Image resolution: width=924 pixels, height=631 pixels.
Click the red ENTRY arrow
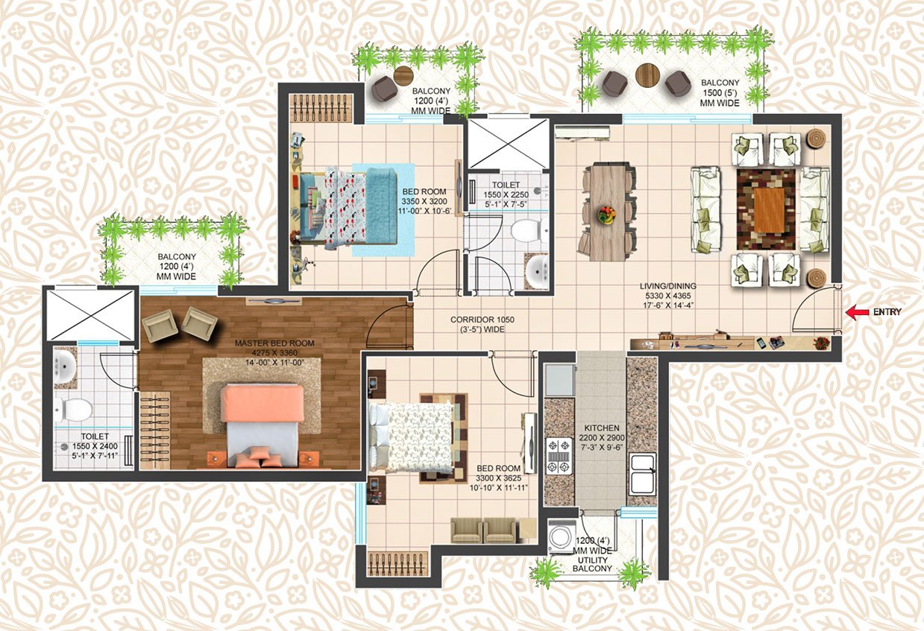coord(857,312)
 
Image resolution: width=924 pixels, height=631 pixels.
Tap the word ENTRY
coord(887,312)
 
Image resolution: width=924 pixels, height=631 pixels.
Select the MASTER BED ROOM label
coord(274,343)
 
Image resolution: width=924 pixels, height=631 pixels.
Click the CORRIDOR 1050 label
coord(483,320)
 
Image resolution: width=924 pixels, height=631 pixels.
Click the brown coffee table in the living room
coord(768,210)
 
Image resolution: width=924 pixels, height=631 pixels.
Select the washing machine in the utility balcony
coord(559,537)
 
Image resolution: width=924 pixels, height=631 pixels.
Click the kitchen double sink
coord(642,472)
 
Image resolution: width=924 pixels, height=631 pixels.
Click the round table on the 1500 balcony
coord(647,75)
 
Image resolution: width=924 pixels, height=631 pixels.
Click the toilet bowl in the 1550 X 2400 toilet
coord(75,409)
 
